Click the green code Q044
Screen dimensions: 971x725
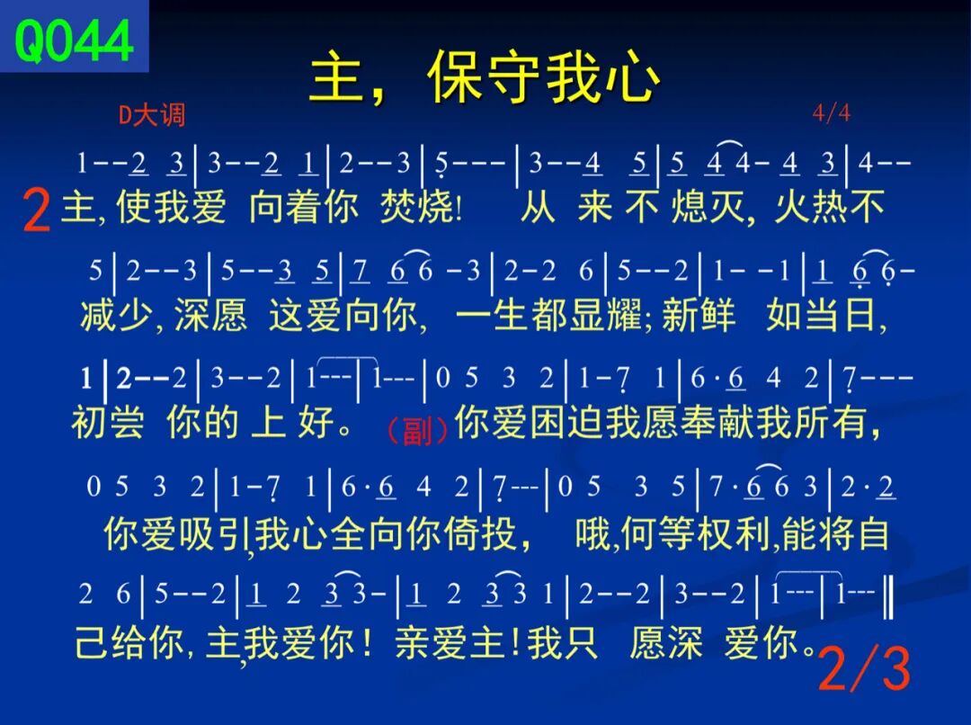[x=74, y=40]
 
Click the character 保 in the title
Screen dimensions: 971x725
[x=455, y=76]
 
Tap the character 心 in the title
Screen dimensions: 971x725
[x=632, y=76]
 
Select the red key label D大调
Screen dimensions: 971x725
[x=152, y=115]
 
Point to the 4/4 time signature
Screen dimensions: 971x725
[x=831, y=113]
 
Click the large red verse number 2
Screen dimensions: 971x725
[x=36, y=210]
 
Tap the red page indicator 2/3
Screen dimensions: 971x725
[x=865, y=668]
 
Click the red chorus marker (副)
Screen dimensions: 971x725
[x=417, y=430]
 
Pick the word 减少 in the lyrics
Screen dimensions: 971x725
[x=116, y=315]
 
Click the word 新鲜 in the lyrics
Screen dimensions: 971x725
[x=699, y=315]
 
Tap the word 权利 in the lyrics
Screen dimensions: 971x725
[x=735, y=533]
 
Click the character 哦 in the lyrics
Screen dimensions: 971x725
[x=592, y=533]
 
